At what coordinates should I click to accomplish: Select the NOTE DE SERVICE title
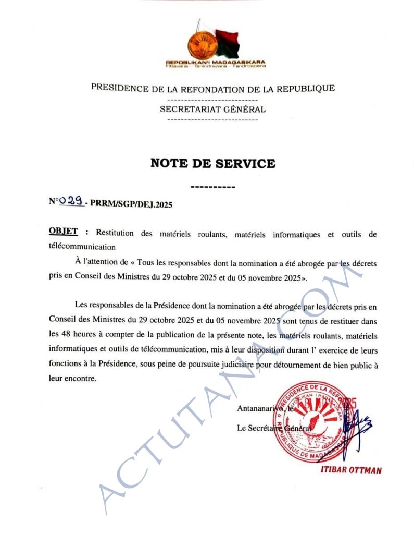click(x=212, y=163)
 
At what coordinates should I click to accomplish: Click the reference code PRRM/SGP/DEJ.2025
click(x=131, y=204)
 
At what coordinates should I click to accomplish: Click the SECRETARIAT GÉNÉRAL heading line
click(x=212, y=110)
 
